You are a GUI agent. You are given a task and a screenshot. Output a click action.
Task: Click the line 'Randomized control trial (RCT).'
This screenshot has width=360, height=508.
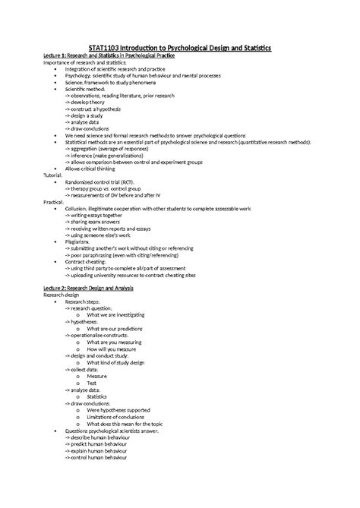coord(106,181)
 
